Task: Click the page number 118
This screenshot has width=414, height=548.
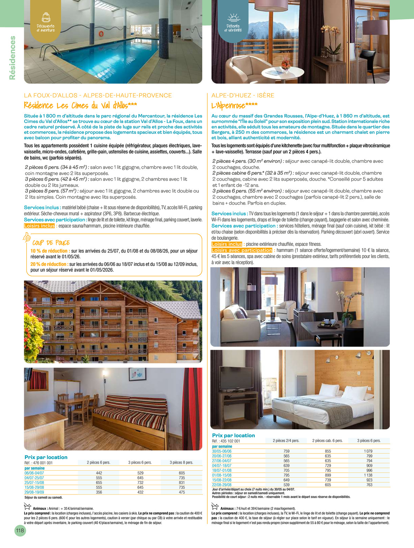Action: click(20, 530)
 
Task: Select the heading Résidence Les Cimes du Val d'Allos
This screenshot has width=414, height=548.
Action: click(80, 105)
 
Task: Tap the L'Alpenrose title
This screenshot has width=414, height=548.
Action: click(234, 105)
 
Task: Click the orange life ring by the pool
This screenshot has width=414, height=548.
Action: click(101, 34)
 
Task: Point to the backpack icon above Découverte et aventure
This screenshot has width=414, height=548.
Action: click(46, 17)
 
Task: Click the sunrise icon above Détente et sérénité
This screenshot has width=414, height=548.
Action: click(233, 18)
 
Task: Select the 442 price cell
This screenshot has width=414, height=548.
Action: click(99, 473)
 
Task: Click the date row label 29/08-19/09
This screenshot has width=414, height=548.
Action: click(34, 492)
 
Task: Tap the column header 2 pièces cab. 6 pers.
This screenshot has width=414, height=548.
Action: click(327, 441)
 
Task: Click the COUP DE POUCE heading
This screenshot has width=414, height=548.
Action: click(51, 243)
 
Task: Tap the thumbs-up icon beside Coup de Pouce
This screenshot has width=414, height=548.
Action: click(27, 238)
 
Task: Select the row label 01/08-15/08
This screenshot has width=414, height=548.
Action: click(222, 475)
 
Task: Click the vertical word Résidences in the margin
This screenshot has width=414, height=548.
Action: click(12, 58)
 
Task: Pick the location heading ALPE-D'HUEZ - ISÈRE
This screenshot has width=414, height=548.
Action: click(243, 95)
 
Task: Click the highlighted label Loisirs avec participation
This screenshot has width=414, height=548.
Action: click(242, 250)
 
